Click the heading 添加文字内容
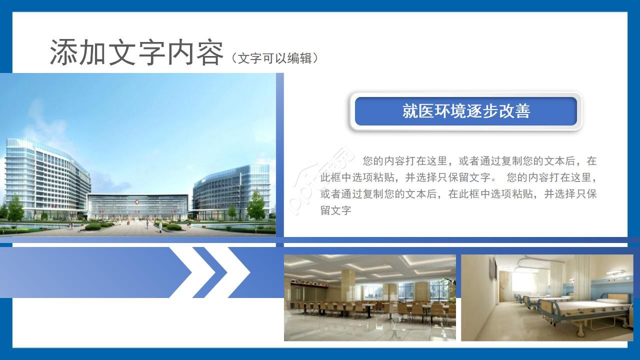click(136, 52)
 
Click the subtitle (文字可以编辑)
click(274, 58)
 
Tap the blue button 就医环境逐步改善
click(465, 111)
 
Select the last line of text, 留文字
click(336, 210)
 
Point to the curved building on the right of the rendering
click(230, 190)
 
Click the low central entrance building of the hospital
click(137, 206)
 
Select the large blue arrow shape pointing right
click(90, 272)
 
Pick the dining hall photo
click(369, 297)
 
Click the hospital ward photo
click(546, 297)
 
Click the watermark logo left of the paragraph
click(320, 180)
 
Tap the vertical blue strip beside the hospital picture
click(280, 155)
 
